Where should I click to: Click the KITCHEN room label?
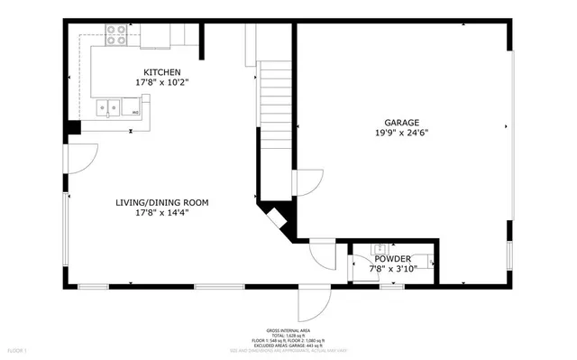point(162,72)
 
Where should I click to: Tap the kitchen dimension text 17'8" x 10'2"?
point(162,82)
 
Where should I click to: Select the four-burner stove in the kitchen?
point(116,34)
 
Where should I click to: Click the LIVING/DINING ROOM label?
point(161,203)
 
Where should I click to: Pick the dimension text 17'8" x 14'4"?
point(161,214)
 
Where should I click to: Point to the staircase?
point(276,108)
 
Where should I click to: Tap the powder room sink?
point(380,248)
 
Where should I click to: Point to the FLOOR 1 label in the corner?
point(18,349)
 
